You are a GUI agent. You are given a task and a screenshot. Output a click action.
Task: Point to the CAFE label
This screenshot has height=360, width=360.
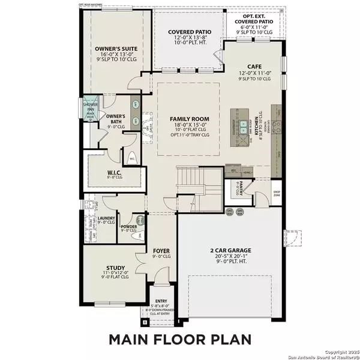(252, 67)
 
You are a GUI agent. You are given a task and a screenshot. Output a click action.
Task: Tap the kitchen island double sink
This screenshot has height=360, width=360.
(243, 127)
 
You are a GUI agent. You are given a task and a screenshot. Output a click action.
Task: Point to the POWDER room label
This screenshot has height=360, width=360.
(130, 226)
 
